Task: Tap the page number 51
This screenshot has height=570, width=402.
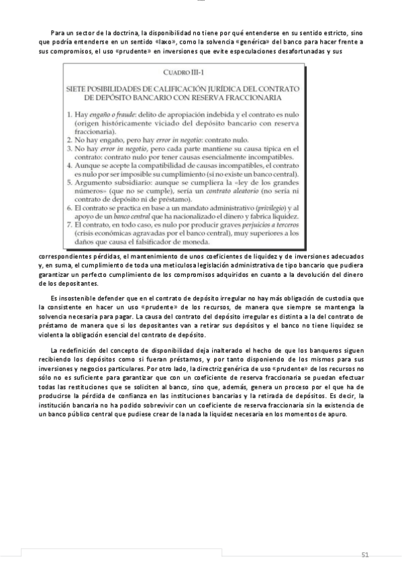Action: pos(365,555)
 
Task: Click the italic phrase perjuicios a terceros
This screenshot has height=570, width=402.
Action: pos(256,224)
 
